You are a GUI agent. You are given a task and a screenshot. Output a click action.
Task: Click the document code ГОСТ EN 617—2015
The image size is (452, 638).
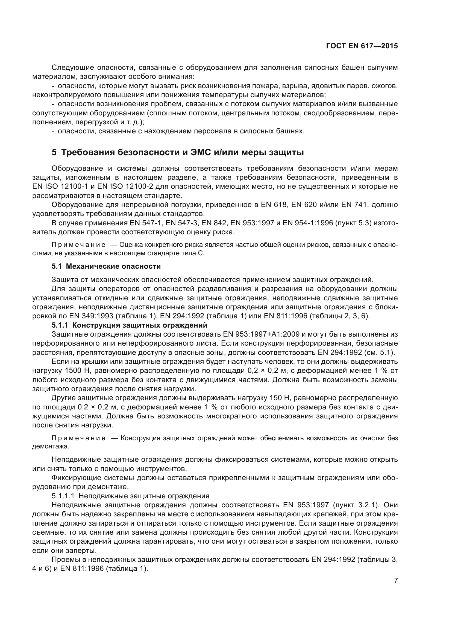(362, 46)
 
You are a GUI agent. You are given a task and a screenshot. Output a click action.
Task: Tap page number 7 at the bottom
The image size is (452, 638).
(396, 580)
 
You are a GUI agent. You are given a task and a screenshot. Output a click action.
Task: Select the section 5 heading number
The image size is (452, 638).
(54, 152)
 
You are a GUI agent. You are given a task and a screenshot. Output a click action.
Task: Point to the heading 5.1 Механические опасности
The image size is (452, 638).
(106, 266)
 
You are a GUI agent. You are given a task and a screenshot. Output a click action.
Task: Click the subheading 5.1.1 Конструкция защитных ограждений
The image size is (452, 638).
(130, 325)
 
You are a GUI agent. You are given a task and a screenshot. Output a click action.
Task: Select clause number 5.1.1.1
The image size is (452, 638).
(63, 496)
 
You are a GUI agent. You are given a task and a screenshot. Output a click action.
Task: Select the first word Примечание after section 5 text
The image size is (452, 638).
(78, 245)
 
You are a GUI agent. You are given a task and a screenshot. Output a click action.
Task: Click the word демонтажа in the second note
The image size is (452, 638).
(50, 447)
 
